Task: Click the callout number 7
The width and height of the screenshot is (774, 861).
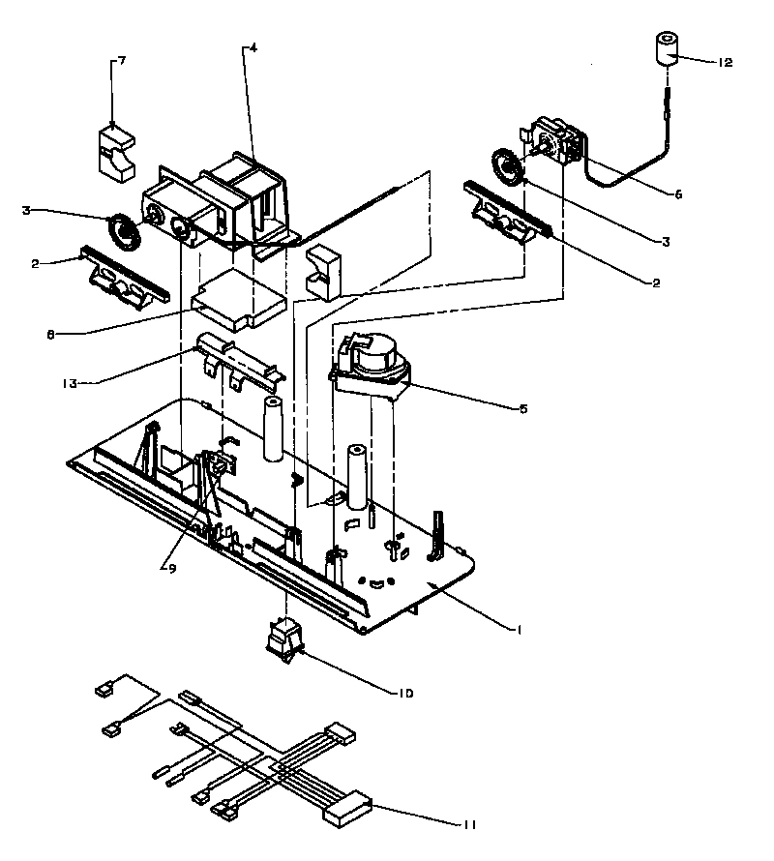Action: pyautogui.click(x=121, y=61)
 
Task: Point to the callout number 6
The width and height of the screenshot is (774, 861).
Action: pyautogui.click(x=678, y=193)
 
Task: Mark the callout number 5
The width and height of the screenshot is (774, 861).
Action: pyautogui.click(x=522, y=408)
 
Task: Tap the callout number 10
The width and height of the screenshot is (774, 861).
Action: pyautogui.click(x=405, y=692)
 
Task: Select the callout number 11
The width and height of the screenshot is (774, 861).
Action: pyautogui.click(x=470, y=824)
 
